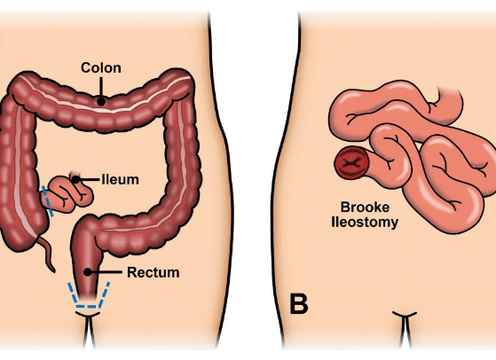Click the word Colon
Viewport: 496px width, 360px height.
coord(101,68)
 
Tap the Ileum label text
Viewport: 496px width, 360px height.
coord(121,179)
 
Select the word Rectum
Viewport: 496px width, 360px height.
coord(154,272)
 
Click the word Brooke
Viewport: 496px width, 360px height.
coord(365,207)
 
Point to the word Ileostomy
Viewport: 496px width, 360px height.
coord(365,222)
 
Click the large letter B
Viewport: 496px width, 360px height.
coord(299,304)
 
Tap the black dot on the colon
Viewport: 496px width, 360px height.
coord(101,102)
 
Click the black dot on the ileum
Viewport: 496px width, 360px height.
coord(75,179)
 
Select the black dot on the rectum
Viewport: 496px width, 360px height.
coord(87,272)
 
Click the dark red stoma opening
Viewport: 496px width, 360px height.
coord(351,163)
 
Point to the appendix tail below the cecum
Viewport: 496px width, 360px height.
coord(47,254)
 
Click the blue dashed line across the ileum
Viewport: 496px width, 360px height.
coord(48,201)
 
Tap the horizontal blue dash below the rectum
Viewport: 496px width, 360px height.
coord(86,306)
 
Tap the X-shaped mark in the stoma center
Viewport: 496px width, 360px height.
coord(351,163)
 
